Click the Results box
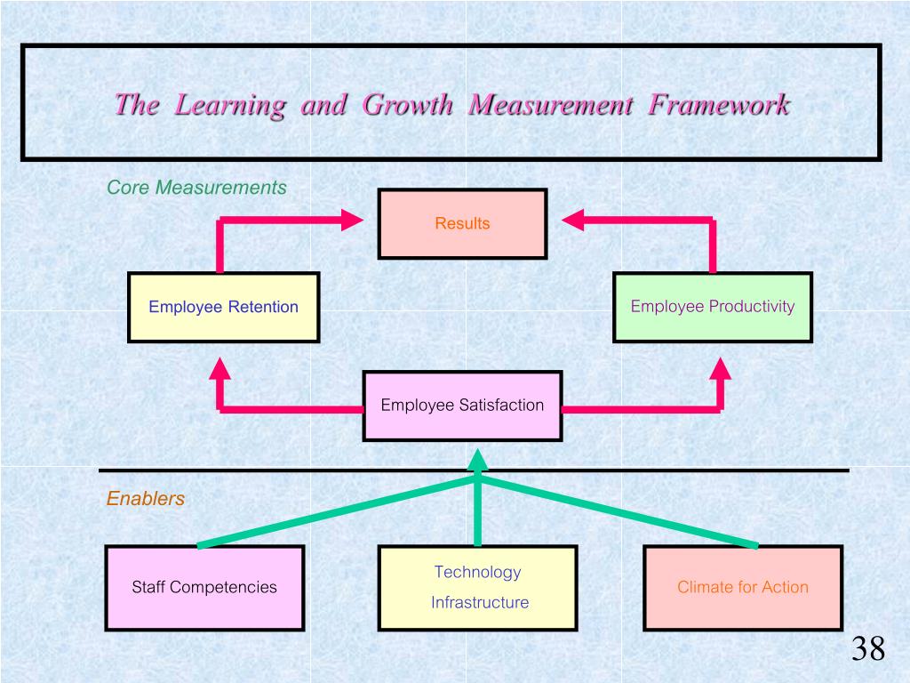click(462, 223)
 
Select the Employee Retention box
click(223, 307)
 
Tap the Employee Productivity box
click(712, 307)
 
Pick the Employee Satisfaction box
click(462, 406)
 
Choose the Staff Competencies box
click(204, 587)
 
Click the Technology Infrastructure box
click(478, 587)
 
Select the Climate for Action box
click(743, 587)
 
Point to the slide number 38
click(868, 649)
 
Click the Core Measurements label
click(196, 188)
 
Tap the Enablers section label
click(146, 499)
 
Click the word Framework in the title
click(719, 105)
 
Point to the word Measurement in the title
click(550, 105)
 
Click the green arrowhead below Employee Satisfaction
click(478, 460)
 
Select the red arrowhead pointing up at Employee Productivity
click(721, 368)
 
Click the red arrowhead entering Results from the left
click(354, 221)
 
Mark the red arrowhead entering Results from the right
click(572, 221)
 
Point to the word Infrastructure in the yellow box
click(480, 602)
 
